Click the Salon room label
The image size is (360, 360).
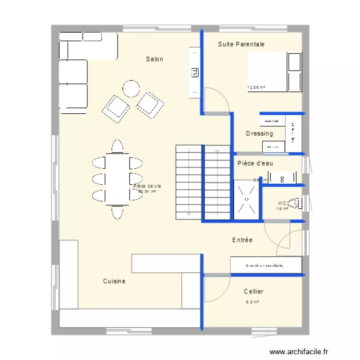pyautogui.click(x=155, y=59)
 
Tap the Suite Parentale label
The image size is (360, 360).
pyautogui.click(x=241, y=44)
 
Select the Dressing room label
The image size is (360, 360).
pyautogui.click(x=259, y=133)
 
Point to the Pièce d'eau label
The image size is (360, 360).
pyautogui.click(x=255, y=163)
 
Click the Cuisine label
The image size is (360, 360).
pyautogui.click(x=114, y=281)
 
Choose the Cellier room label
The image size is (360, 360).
pyautogui.click(x=253, y=291)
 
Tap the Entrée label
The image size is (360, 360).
pyautogui.click(x=242, y=240)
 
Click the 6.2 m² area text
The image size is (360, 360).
pyautogui.click(x=252, y=302)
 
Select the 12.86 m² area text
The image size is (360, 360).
pyautogui.click(x=256, y=88)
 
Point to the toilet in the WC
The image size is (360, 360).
pyautogui.click(x=297, y=204)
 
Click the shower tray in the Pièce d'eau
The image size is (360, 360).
pyautogui.click(x=246, y=199)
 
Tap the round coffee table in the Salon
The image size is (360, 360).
pyautogui.click(x=131, y=89)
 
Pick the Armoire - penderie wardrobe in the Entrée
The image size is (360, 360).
pyautogui.click(x=265, y=264)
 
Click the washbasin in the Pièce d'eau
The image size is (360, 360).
pyautogui.click(x=282, y=179)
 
